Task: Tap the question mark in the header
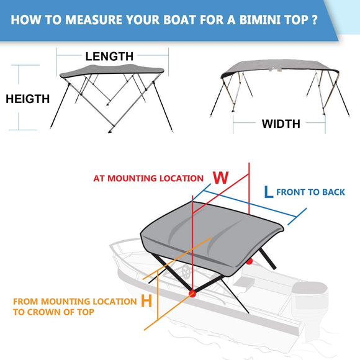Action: [316, 19]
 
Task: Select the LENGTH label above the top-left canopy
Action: [109, 56]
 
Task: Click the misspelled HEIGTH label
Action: [27, 99]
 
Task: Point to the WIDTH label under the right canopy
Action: [281, 124]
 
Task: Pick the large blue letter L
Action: [268, 192]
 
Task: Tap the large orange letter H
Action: [146, 302]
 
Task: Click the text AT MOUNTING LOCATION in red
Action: [148, 178]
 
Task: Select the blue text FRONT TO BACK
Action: [310, 192]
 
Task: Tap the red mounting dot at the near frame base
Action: [192, 292]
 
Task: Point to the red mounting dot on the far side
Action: [249, 261]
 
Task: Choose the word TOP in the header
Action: [295, 19]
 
